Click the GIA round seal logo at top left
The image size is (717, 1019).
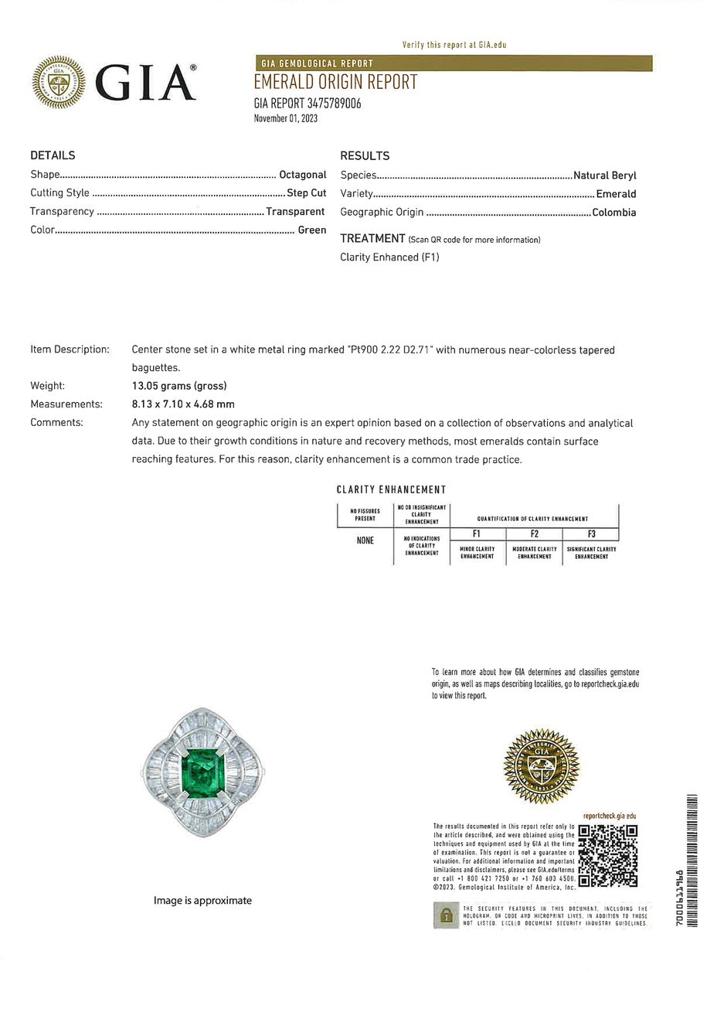pyautogui.click(x=59, y=82)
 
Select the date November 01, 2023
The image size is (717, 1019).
pyautogui.click(x=286, y=118)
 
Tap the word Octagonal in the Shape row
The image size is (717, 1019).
pyautogui.click(x=302, y=175)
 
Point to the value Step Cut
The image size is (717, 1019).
pyautogui.click(x=306, y=193)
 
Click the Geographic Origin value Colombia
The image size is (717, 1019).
pyautogui.click(x=613, y=213)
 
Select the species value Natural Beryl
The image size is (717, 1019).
pyautogui.click(x=604, y=176)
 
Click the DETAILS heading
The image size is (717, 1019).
pyautogui.click(x=53, y=155)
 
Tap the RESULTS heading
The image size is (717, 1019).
pyautogui.click(x=365, y=155)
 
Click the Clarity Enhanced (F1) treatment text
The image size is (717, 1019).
pyautogui.click(x=389, y=257)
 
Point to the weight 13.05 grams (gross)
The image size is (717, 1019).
pyautogui.click(x=179, y=386)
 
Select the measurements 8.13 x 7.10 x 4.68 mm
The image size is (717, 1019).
pyautogui.click(x=183, y=404)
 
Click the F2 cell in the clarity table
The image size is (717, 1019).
pyautogui.click(x=534, y=533)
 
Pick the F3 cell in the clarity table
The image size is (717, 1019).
pyautogui.click(x=591, y=533)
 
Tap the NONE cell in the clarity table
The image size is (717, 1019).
pyautogui.click(x=365, y=540)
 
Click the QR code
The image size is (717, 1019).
pyautogui.click(x=608, y=856)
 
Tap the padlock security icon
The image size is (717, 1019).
pyautogui.click(x=446, y=915)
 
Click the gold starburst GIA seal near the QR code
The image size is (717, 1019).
pyautogui.click(x=541, y=766)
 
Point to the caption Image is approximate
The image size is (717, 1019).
pyautogui.click(x=202, y=901)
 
